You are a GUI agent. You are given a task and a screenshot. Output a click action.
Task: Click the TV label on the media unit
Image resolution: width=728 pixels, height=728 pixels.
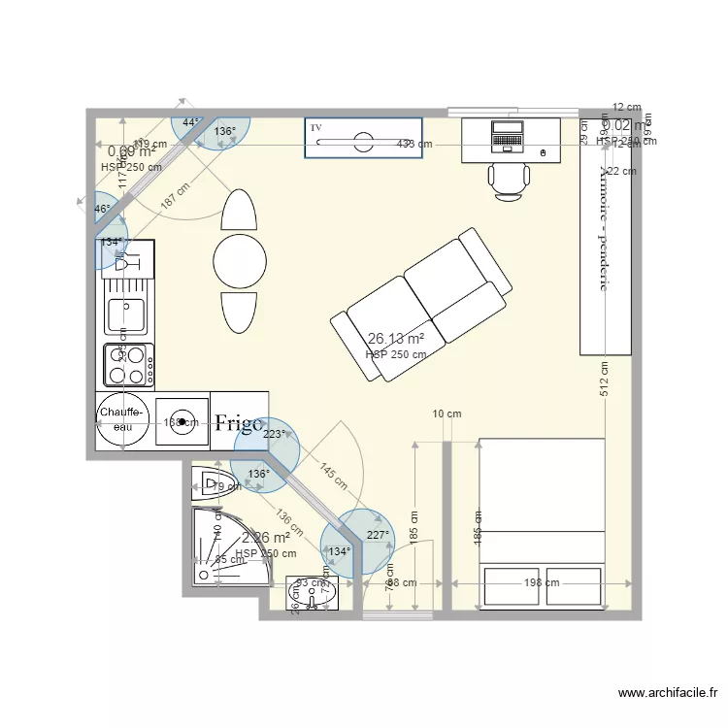(315, 128)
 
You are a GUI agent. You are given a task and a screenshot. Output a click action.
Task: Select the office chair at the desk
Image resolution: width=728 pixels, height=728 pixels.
(510, 182)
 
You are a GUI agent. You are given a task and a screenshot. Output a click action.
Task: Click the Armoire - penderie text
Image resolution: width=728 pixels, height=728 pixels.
(605, 228)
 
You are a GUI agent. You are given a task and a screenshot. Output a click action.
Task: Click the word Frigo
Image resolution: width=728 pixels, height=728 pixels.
(240, 422)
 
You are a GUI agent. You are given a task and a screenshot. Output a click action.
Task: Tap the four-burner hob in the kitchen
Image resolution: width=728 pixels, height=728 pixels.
(128, 366)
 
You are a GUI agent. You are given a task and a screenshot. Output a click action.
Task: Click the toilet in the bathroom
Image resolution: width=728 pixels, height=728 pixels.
(208, 482)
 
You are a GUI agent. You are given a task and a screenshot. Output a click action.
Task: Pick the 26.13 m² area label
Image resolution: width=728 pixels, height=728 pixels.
(396, 339)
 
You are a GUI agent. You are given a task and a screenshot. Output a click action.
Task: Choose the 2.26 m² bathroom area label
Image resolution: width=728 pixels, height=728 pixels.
(266, 538)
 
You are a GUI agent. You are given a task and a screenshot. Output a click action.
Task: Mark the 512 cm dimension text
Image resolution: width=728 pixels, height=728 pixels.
(604, 381)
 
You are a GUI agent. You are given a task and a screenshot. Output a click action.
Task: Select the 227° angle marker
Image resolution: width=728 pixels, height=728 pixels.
(378, 535)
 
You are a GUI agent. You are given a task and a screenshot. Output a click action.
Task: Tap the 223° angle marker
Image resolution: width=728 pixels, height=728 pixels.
(276, 435)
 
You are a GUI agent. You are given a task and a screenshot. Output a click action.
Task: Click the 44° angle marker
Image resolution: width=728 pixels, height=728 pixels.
(190, 123)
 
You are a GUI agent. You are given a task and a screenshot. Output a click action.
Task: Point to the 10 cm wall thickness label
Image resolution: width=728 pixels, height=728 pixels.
(447, 414)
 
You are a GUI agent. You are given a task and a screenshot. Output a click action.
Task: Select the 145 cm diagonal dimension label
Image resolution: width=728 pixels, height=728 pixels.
(332, 476)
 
